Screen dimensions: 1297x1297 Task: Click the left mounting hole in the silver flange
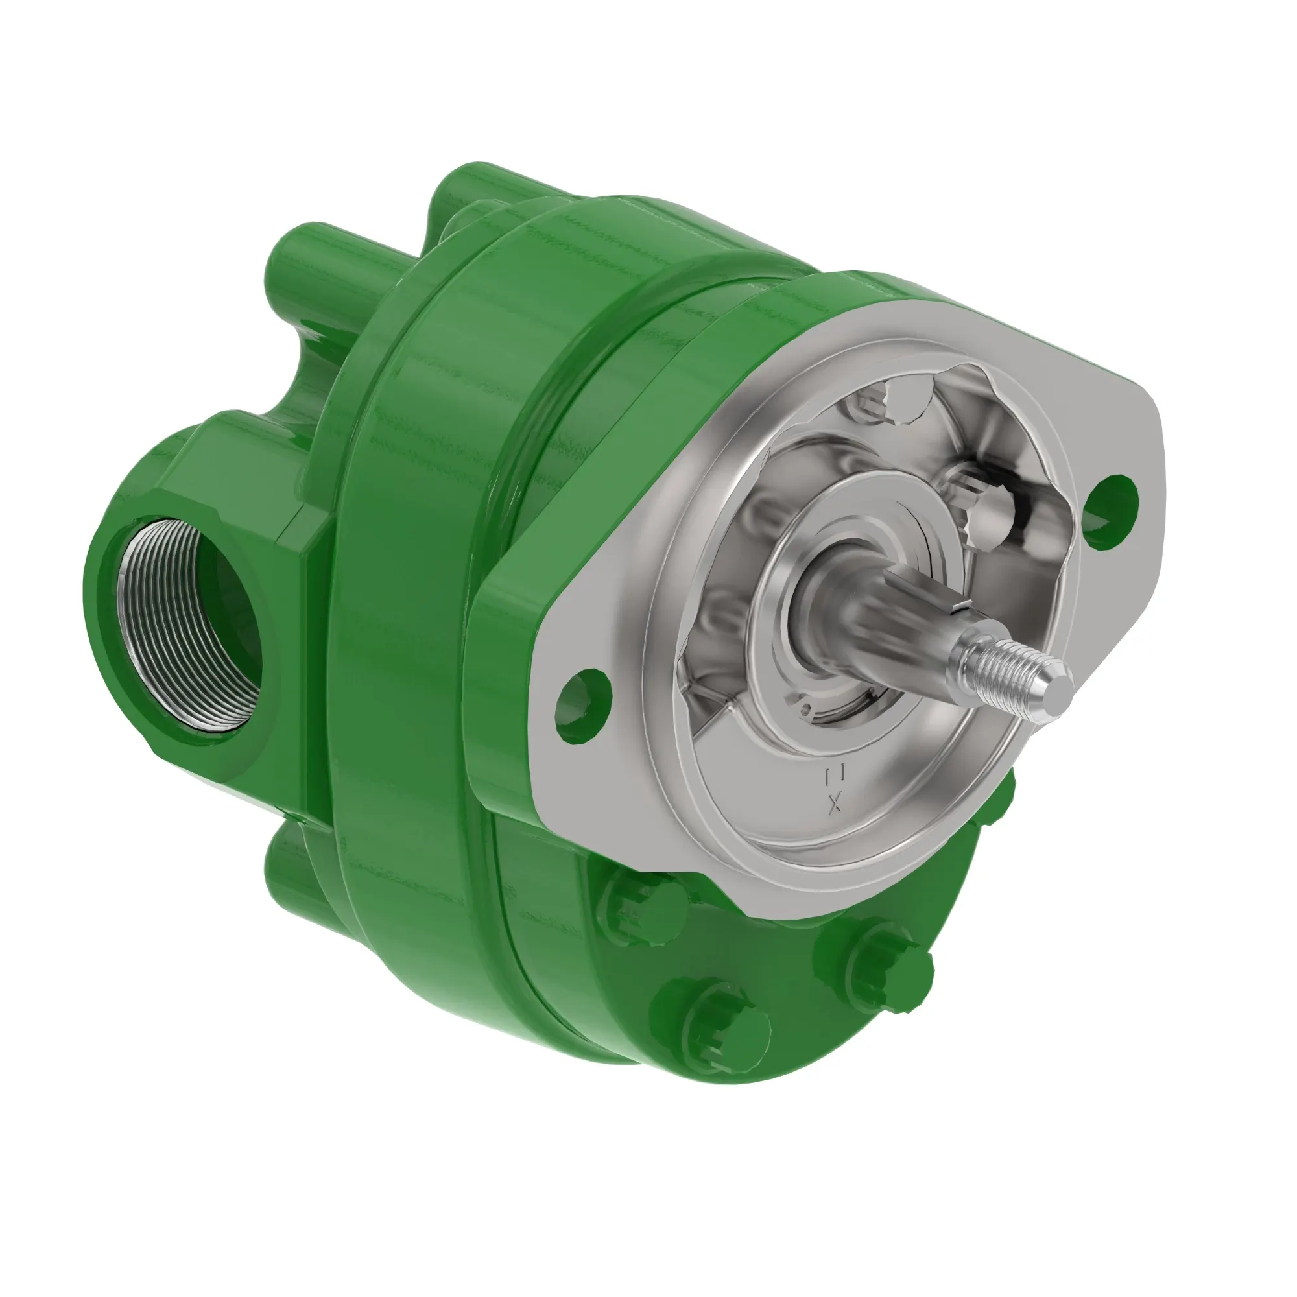[584, 706]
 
